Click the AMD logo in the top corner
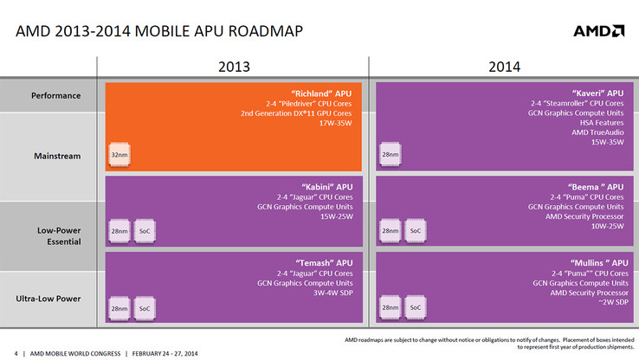[598, 31]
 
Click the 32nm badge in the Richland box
[119, 155]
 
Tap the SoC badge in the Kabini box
[145, 231]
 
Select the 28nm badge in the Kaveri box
[390, 155]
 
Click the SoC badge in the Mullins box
[416, 307]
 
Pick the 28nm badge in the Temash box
[119, 307]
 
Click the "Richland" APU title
[322, 93]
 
